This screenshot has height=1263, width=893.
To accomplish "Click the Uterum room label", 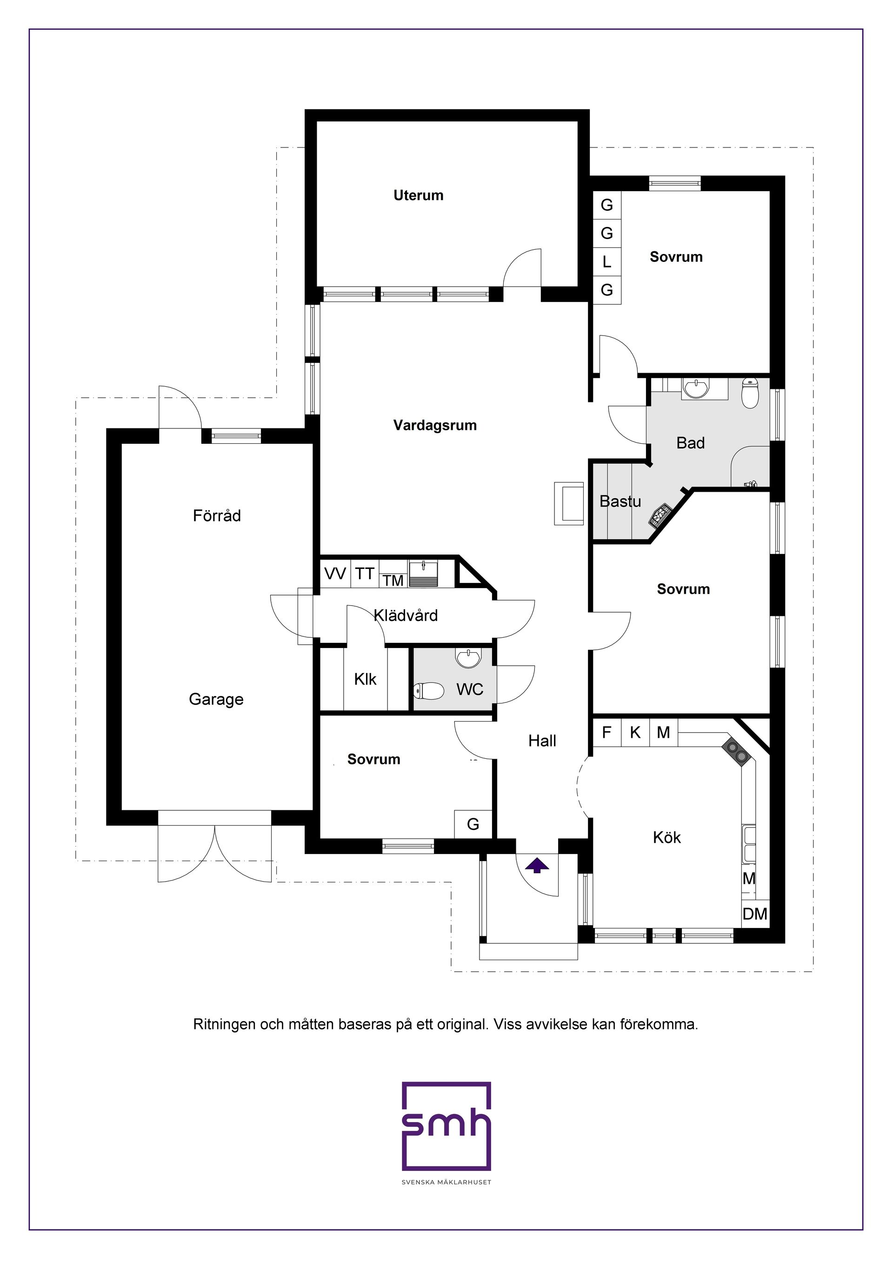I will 418,195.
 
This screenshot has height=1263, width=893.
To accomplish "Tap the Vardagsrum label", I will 434,425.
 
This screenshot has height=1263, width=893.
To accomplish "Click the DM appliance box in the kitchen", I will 754,914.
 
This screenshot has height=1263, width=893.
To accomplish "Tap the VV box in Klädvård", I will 335,574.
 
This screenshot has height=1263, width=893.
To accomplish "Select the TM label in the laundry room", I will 393,581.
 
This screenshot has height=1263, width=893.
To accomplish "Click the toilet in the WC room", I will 428,691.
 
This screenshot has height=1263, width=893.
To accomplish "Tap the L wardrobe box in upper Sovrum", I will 606,262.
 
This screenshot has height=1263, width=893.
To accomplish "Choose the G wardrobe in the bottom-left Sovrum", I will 473,824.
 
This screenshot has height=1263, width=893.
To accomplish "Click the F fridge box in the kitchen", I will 606,733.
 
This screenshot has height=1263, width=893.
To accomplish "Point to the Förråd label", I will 217,515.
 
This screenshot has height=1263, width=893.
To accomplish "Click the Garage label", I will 216,699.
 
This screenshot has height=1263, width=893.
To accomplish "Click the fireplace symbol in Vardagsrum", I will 568,503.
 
